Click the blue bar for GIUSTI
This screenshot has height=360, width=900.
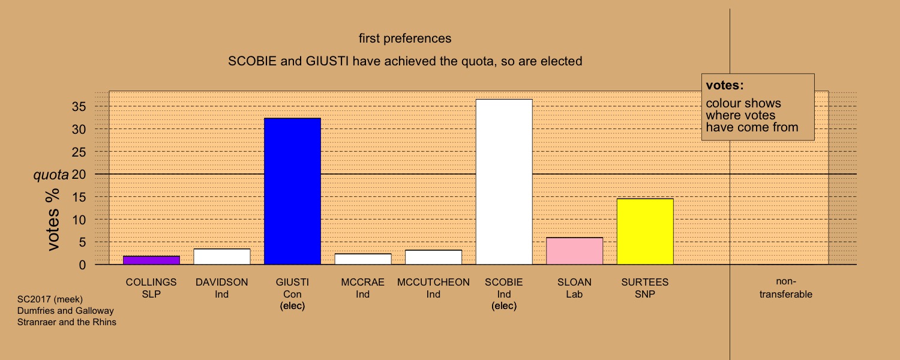tap(293, 191)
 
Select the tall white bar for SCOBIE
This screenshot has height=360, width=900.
tap(504, 182)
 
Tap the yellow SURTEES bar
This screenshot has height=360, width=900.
tap(645, 232)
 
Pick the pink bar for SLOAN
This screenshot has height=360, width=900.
tap(575, 251)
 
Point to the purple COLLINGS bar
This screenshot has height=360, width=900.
tap(151, 260)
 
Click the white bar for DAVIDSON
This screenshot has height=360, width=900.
tap(222, 257)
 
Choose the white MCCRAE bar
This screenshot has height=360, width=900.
tap(363, 259)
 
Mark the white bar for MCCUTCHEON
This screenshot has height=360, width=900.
tap(434, 257)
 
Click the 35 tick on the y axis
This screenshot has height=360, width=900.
tap(79, 106)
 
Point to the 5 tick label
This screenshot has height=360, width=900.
tap(82, 242)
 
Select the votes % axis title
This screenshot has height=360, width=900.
tap(53, 220)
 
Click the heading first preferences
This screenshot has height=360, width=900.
tap(405, 38)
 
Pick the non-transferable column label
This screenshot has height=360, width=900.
tap(786, 287)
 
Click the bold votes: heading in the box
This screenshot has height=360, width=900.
tap(725, 85)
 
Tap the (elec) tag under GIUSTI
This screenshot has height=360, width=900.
tap(293, 306)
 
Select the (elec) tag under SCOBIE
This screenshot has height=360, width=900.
tap(504, 306)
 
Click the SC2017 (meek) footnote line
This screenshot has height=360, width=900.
tap(50, 299)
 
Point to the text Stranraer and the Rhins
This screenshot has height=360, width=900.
tap(67, 322)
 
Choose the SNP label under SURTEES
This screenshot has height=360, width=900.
tap(645, 294)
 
